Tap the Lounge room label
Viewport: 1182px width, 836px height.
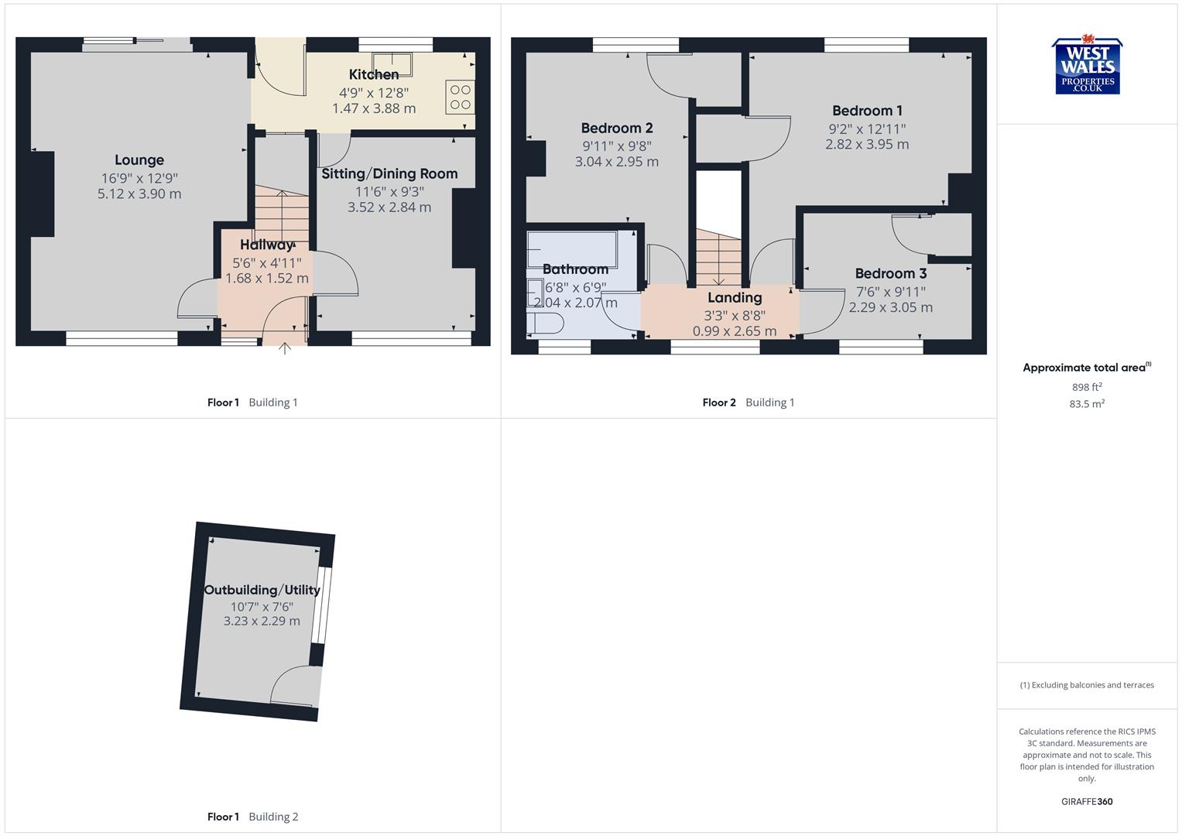pyautogui.click(x=139, y=160)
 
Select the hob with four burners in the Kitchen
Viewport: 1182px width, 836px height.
pyautogui.click(x=460, y=98)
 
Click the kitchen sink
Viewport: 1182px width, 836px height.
pyautogui.click(x=392, y=63)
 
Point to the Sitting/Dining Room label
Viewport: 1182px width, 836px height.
pyautogui.click(x=389, y=173)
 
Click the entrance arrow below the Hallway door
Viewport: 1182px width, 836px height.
pyautogui.click(x=285, y=348)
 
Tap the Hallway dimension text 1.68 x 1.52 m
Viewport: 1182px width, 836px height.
pyautogui.click(x=267, y=278)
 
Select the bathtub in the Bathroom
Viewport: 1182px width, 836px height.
pyautogui.click(x=572, y=249)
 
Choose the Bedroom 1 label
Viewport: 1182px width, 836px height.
pyautogui.click(x=867, y=111)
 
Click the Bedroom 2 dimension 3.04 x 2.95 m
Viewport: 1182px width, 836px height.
pyautogui.click(x=617, y=162)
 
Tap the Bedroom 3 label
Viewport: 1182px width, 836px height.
pyautogui.click(x=890, y=273)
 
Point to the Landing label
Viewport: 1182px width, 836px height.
pyautogui.click(x=735, y=297)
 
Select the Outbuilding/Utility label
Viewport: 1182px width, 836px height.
pyautogui.click(x=262, y=590)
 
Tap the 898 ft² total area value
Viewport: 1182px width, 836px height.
pyautogui.click(x=1087, y=387)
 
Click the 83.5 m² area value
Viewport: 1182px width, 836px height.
pyautogui.click(x=1087, y=403)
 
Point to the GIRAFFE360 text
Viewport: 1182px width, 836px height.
pyautogui.click(x=1087, y=801)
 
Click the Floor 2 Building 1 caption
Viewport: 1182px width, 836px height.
pyautogui.click(x=749, y=403)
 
